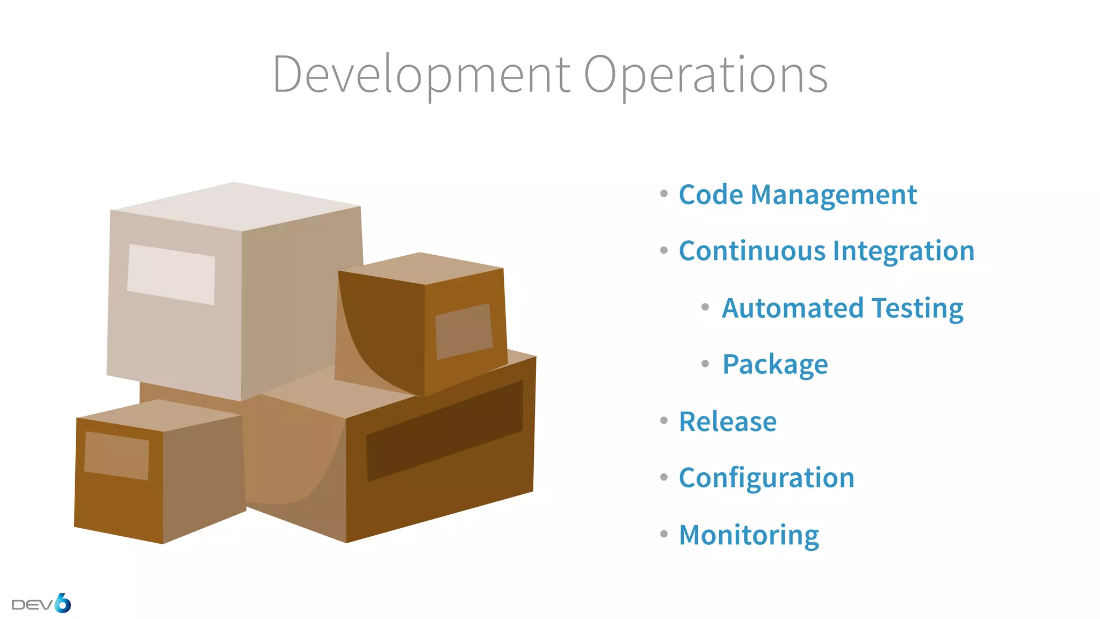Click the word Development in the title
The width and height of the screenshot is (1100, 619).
[421, 75]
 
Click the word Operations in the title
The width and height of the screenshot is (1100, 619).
[705, 75]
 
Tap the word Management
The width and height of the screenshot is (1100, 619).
[834, 195]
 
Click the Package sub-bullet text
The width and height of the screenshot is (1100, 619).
[775, 365]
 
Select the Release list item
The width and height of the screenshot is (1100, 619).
[728, 421]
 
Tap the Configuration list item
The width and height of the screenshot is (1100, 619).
[766, 478]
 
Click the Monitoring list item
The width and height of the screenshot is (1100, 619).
[749, 535]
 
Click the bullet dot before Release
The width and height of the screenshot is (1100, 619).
[664, 421]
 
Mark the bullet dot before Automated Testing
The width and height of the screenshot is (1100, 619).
[705, 307]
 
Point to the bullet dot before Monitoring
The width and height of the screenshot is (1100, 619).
[664, 534]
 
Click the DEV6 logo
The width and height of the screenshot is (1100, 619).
[41, 604]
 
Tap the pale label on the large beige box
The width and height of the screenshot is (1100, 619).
[171, 275]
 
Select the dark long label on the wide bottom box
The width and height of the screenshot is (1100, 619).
[445, 430]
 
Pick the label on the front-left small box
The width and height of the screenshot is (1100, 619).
[117, 456]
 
